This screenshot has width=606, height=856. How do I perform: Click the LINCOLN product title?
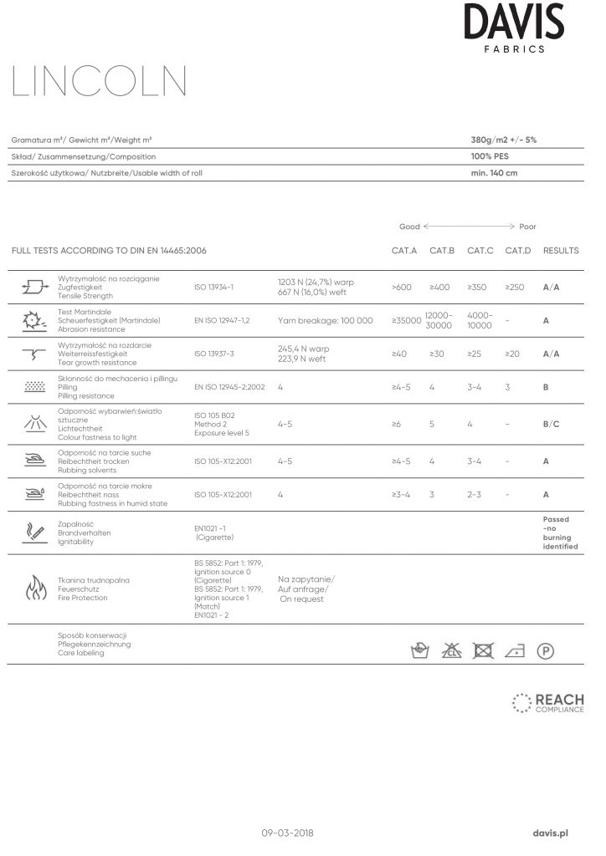tap(100, 83)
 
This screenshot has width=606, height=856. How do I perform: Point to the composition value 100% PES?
tap(490, 156)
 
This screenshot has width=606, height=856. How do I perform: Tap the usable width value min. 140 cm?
tap(494, 173)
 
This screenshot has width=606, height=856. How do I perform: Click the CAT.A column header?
tap(404, 251)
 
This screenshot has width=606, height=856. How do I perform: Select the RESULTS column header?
tap(561, 251)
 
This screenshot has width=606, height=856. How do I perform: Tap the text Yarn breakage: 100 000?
tap(325, 321)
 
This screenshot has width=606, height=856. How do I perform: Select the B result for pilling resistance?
tap(546, 388)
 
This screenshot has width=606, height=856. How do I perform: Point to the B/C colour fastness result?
tap(551, 425)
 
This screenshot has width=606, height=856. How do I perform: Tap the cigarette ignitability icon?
tap(34, 531)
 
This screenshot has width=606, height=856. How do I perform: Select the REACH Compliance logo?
tap(548, 703)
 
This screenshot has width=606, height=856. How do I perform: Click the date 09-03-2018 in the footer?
tap(288, 833)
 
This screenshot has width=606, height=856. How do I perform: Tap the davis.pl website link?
tap(551, 833)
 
